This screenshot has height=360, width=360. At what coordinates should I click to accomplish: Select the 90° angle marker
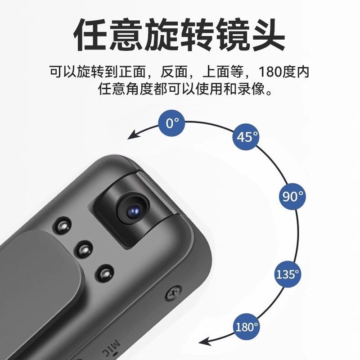click(x=292, y=196)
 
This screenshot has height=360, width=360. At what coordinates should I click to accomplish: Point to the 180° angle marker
click(x=247, y=326)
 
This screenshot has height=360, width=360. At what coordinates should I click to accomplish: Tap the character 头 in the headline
click(x=268, y=35)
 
